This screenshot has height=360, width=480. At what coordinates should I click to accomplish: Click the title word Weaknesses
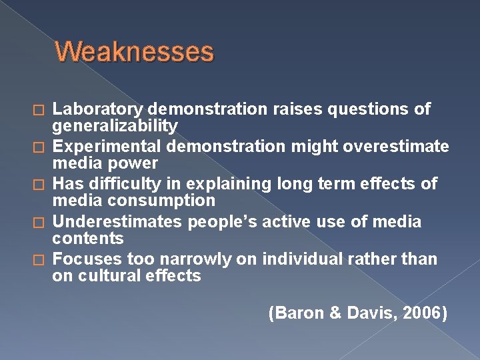click(134, 52)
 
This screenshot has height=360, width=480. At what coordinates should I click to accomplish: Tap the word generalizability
click(115, 126)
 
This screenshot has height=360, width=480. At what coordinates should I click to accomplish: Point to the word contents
click(88, 238)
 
